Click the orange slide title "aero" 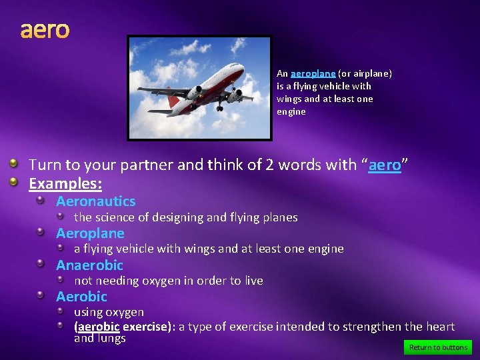[x=45, y=30]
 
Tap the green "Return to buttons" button [x=437, y=347]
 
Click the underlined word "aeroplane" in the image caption [x=313, y=73]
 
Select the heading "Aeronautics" [x=95, y=201]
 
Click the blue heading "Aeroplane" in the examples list [x=90, y=233]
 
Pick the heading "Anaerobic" [x=89, y=265]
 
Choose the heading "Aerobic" [x=81, y=297]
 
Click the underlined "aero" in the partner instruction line [x=385, y=165]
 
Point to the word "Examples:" [x=65, y=183]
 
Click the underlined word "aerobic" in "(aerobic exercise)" [x=98, y=327]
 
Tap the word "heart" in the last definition [x=439, y=327]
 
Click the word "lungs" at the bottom [x=111, y=339]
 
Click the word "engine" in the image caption [x=291, y=111]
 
